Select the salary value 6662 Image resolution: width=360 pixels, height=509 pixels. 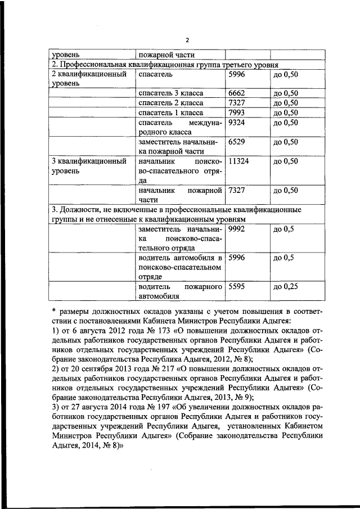point(238,93)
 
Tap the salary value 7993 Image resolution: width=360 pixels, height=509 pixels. point(238,113)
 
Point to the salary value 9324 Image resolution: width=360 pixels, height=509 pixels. point(238,123)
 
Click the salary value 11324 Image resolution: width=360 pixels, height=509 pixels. point(240,161)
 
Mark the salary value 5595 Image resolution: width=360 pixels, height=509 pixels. point(238,287)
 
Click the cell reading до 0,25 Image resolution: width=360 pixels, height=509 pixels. point(285,287)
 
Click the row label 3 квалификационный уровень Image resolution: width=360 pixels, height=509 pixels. point(88,166)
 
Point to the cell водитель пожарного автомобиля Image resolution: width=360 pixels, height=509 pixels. point(180,291)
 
